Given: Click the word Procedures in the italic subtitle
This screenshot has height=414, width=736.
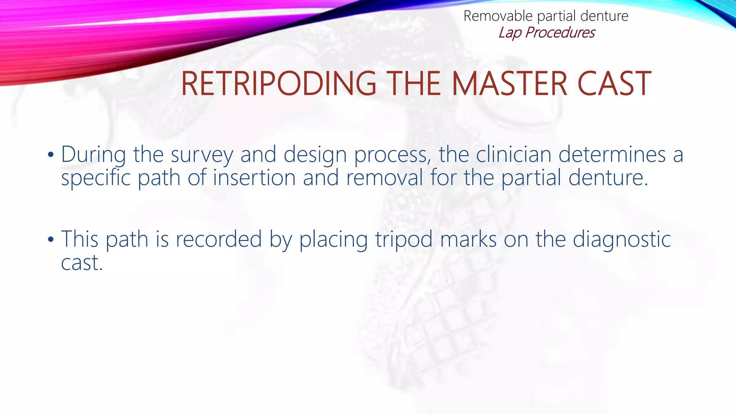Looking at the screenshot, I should coord(560,33).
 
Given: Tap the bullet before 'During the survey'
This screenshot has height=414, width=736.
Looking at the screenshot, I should coord(51,155).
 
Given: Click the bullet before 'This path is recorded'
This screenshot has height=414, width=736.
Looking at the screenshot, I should coord(51,240).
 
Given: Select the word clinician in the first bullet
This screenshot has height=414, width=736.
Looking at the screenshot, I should coord(514,155).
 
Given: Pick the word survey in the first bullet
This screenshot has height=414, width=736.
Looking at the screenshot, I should coord(202,155).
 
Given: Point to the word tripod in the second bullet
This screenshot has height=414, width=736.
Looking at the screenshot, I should coord(404,240).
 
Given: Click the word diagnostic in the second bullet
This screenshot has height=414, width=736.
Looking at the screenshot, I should coord(622,240).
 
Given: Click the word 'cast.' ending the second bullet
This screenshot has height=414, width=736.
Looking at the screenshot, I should coord(82,263).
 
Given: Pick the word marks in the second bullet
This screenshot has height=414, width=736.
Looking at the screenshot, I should coord(468,239).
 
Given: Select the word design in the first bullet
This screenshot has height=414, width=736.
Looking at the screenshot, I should coord(315,155).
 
